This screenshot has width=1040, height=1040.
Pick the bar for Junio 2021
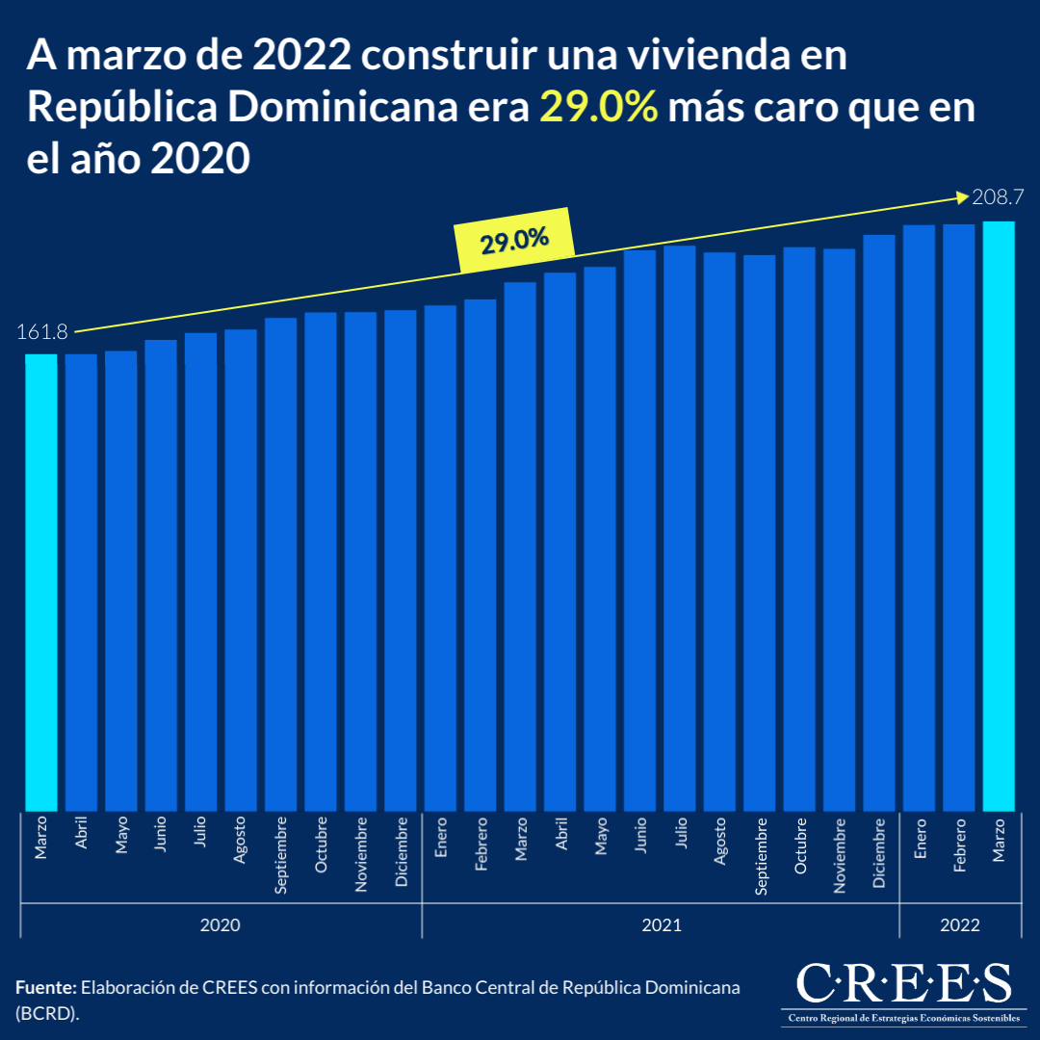coord(639,530)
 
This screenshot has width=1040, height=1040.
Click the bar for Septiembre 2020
coord(280,564)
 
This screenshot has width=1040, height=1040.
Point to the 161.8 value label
coord(41,332)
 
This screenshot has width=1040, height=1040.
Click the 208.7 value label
coord(998,198)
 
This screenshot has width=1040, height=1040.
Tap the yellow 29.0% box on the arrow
coord(514,240)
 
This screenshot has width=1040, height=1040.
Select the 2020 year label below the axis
coord(221,925)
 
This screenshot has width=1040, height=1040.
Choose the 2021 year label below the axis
coord(661,925)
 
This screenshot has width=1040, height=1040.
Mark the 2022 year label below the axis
coord(960,925)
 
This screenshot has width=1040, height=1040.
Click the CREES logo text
coord(903,983)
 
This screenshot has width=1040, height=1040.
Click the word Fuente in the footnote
coord(45,988)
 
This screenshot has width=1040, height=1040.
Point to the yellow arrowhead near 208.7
coord(961,197)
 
